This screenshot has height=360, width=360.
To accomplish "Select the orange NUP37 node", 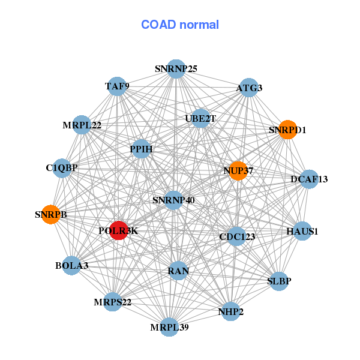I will [238, 171].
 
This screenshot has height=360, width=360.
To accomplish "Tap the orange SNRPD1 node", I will [288, 130].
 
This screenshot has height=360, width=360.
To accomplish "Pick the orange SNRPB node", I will [51, 214].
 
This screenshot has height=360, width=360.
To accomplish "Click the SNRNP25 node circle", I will [176, 68].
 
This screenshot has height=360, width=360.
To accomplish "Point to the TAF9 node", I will [117, 86].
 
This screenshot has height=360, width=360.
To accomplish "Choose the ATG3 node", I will [249, 88].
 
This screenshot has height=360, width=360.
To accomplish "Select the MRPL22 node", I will [82, 125].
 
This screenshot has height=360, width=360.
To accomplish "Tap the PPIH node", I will [141, 148].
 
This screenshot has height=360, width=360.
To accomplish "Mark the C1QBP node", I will [62, 167].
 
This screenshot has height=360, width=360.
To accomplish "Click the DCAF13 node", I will [309, 179].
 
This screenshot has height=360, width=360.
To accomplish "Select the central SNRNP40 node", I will [173, 200].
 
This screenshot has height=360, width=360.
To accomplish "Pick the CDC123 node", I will [237, 236].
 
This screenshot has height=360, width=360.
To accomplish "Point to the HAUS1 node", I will [302, 231].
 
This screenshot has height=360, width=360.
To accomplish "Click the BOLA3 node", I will [72, 265].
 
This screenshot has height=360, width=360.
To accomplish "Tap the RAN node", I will [178, 271].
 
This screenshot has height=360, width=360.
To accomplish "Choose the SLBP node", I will [279, 280].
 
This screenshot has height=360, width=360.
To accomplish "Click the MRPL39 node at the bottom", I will [169, 327].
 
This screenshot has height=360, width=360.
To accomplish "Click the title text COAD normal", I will [180, 25].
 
